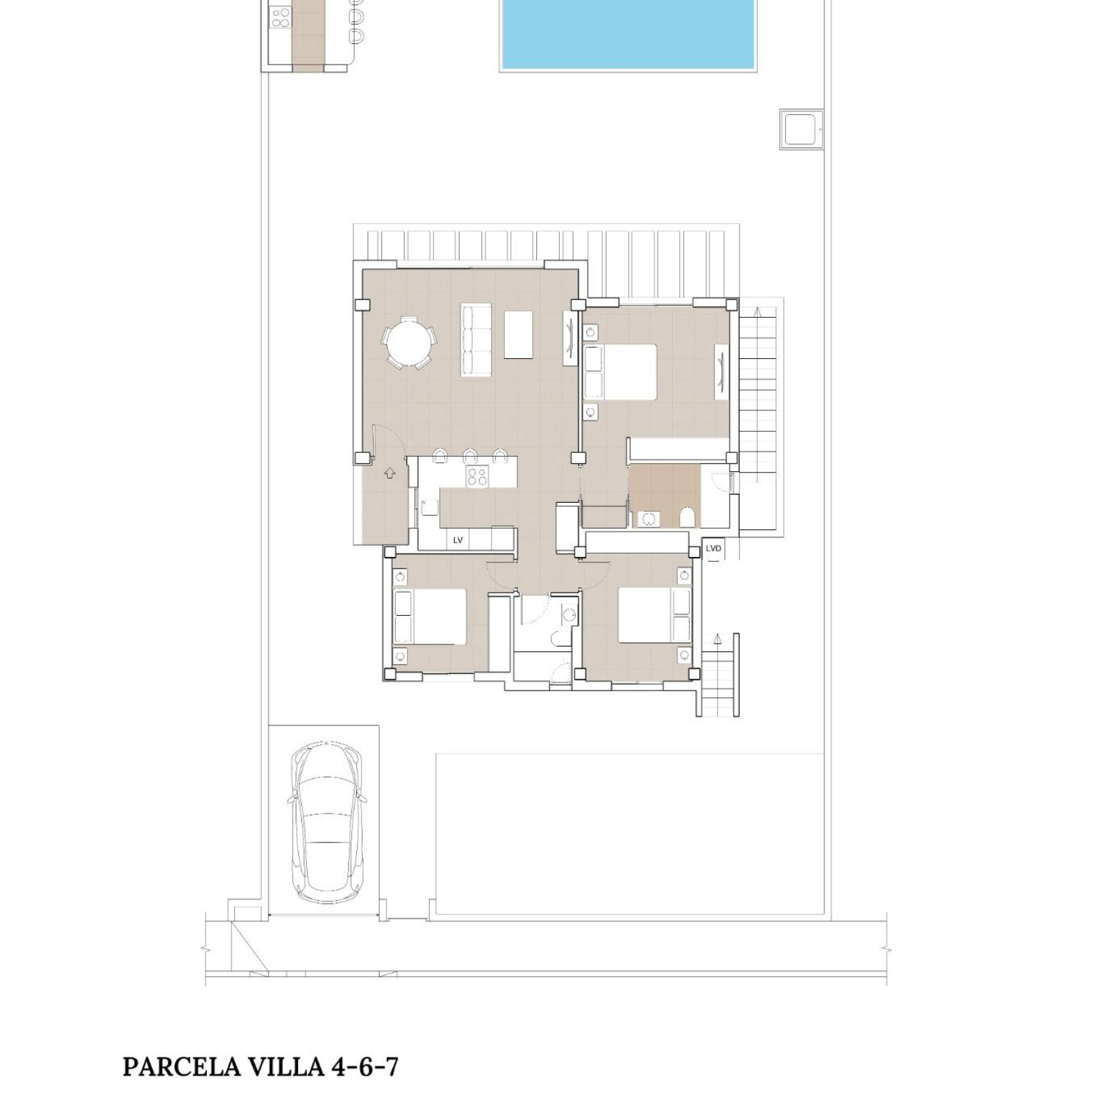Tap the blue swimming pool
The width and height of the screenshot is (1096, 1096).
(x=627, y=34)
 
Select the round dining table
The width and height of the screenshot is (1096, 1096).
(x=409, y=343)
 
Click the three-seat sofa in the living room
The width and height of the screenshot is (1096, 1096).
(x=477, y=340)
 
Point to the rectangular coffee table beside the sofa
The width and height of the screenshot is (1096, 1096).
(x=519, y=334)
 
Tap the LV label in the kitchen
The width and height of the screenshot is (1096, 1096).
(x=458, y=540)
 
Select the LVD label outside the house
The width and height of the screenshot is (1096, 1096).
(x=713, y=549)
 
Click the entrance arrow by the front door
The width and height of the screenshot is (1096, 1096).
(x=390, y=472)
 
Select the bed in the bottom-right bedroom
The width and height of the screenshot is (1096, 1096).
(x=654, y=614)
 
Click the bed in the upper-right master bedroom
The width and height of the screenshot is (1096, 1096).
(x=620, y=371)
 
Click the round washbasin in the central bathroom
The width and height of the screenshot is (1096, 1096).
(x=567, y=614)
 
